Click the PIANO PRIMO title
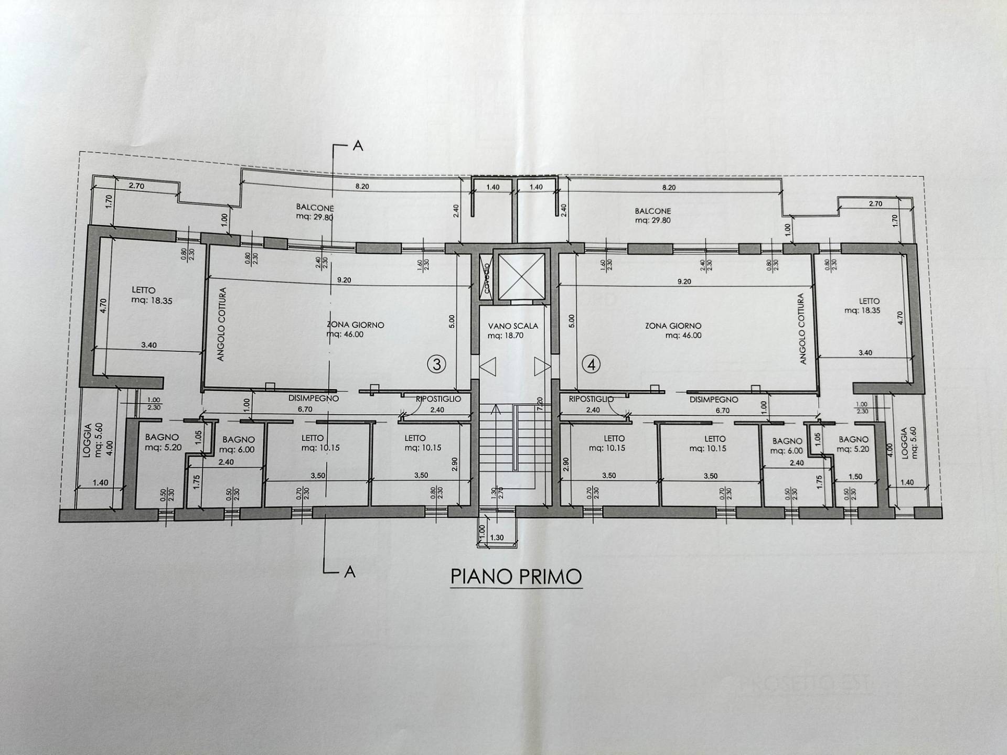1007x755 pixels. pyautogui.click(x=516, y=576)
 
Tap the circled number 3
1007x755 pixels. pyautogui.click(x=437, y=364)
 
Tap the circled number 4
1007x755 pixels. pyautogui.click(x=592, y=364)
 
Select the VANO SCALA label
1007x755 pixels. pyautogui.click(x=512, y=330)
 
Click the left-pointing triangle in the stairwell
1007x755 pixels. pyautogui.click(x=488, y=366)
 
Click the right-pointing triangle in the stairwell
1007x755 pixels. pyautogui.click(x=542, y=366)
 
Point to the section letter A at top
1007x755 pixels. pyautogui.click(x=358, y=146)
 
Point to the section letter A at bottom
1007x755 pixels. pyautogui.click(x=349, y=572)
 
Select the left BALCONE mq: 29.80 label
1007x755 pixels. pyautogui.click(x=315, y=212)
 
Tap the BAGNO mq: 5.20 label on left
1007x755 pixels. pyautogui.click(x=162, y=442)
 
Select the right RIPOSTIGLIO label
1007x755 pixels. pyautogui.click(x=591, y=399)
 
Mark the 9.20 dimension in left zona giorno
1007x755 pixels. pyautogui.click(x=344, y=280)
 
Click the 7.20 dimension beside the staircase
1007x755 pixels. pyautogui.click(x=540, y=404)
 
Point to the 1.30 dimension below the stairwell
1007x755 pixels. pyautogui.click(x=496, y=537)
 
